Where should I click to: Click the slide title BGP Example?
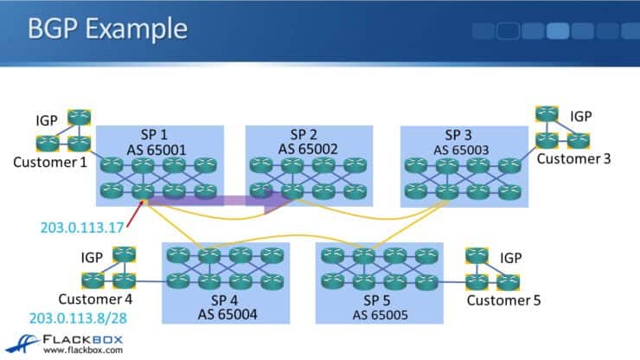click(x=107, y=28)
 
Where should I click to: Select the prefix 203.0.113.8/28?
click(x=78, y=318)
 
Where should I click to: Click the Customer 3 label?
click(x=573, y=158)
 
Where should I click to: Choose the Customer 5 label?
click(x=503, y=300)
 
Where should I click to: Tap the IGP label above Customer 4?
click(x=92, y=258)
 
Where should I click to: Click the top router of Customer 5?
click(x=477, y=255)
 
